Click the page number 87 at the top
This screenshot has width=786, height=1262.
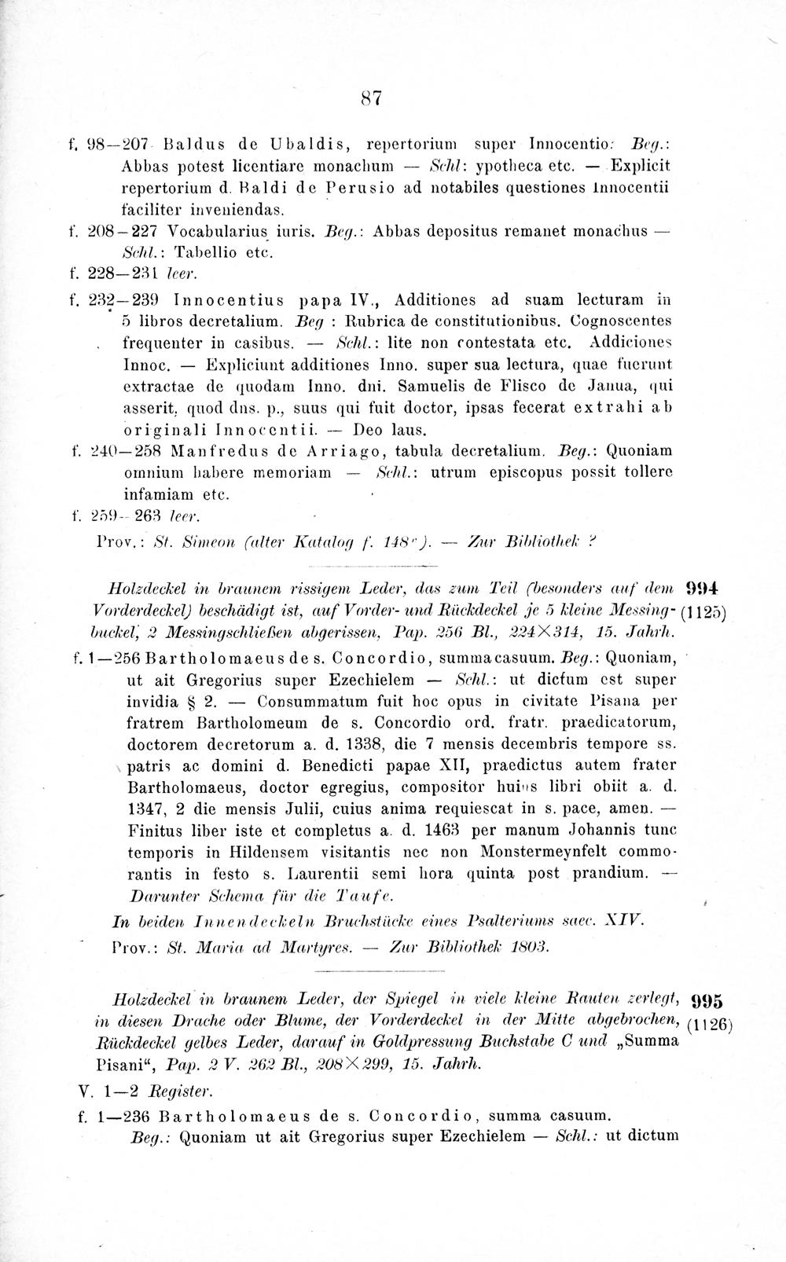coord(371,97)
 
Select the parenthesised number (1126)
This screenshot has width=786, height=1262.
coord(710,1023)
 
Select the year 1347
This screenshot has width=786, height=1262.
coord(147,808)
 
